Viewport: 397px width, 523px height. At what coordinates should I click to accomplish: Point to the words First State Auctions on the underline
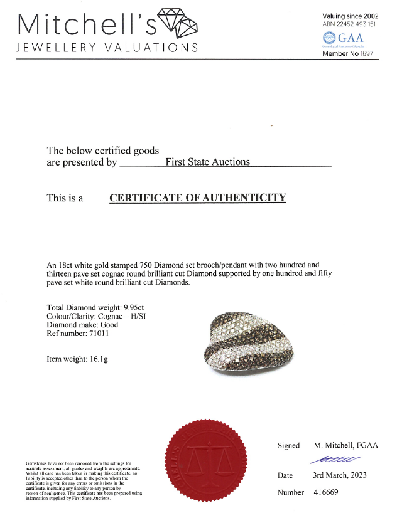207,162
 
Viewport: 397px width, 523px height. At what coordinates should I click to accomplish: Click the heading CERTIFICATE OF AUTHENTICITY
198,198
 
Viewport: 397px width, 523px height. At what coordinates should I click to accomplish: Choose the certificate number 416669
326,493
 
